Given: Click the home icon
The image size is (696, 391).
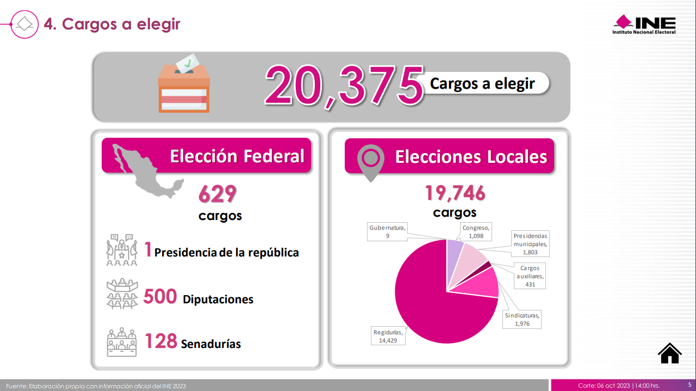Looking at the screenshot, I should tap(669, 353).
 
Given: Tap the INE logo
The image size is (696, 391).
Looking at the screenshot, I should tap(644, 25).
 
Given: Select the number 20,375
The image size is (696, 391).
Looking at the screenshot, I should tap(344, 85).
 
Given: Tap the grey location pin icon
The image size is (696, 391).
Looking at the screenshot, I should tap(370, 162).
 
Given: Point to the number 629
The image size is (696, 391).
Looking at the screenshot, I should tap(217, 193).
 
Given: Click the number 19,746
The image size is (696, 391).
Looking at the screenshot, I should tap(455, 193).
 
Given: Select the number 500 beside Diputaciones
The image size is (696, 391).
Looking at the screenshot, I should tap(160, 297).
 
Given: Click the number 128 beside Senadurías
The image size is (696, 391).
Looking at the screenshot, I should tap(160, 341).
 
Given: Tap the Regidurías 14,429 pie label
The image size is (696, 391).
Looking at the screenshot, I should tap(388, 336).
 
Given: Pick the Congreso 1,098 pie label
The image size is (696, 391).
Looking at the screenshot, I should tap(476, 232).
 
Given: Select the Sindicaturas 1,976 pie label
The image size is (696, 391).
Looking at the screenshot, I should tap(522, 319).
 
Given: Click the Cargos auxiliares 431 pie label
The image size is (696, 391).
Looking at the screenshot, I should tap(530, 276).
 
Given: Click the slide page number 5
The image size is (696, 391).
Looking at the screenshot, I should tap(689, 384).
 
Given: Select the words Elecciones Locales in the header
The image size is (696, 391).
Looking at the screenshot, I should tap(471, 157).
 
